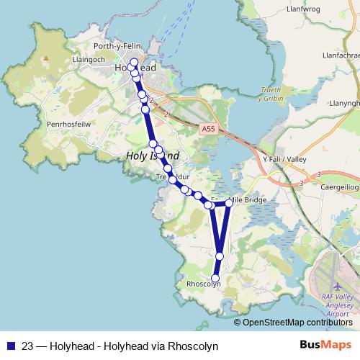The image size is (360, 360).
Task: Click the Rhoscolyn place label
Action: pos(203,284)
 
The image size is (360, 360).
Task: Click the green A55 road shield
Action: pos(208,129)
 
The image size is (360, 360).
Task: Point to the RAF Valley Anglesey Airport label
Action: pos(338,305)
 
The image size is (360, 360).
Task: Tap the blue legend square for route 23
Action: pos(11,346)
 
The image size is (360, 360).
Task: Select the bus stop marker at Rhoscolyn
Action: pos(215,278)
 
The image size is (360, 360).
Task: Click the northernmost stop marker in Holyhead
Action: pos(134,62)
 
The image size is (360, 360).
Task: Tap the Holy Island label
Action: pos(152,156)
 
